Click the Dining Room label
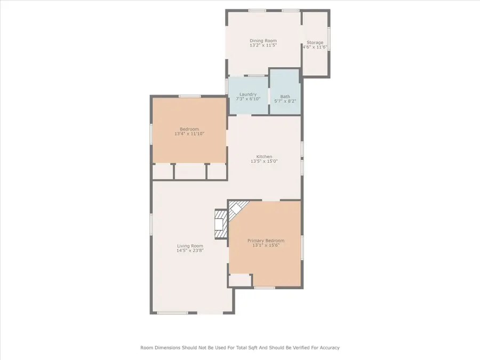tap(263, 41)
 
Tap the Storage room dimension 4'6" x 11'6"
tap(314, 47)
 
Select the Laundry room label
tap(248, 94)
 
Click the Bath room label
tap(285, 97)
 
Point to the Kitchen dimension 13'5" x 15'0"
tap(264, 161)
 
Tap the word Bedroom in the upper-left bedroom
tap(189, 129)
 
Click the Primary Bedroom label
tap(266, 241)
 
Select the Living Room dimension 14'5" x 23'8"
tap(190, 250)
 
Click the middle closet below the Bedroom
tap(190, 171)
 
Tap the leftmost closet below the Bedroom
tap(162, 171)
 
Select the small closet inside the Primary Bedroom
tap(240, 281)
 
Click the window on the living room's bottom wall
tap(172, 313)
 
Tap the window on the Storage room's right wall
tap(329, 39)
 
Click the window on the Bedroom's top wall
tap(189, 96)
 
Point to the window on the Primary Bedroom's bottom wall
tap(264, 288)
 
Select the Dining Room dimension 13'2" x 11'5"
tap(263, 45)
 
